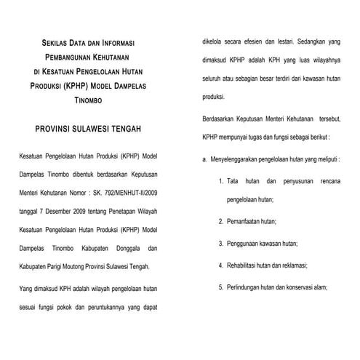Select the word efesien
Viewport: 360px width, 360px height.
tap(257, 43)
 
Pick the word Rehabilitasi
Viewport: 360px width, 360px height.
tap(245, 265)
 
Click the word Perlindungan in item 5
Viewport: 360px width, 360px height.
tap(246, 287)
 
